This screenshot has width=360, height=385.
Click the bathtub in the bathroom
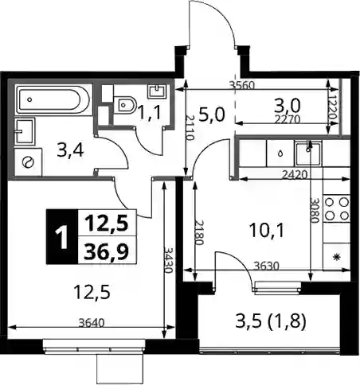coord(53,99)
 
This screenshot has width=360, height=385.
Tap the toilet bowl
coord(124,104)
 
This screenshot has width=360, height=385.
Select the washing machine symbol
coord(28,162)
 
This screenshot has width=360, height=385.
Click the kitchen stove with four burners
coord(337,208)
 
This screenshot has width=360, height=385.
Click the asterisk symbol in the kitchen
coord(337,257)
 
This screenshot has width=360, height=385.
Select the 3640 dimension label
coord(92,323)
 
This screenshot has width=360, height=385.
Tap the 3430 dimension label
coord(168,260)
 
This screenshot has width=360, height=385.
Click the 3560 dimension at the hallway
coord(242,85)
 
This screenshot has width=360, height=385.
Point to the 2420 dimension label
coord(295,175)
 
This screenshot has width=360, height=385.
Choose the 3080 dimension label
coord(315,210)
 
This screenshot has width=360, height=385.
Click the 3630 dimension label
coord(267,266)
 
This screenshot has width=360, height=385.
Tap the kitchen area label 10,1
coord(267,230)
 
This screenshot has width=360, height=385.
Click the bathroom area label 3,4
coord(71,152)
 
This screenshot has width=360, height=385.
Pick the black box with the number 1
coord(62,236)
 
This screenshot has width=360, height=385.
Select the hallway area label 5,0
coord(212,115)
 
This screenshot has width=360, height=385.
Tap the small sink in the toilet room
coord(157,91)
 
